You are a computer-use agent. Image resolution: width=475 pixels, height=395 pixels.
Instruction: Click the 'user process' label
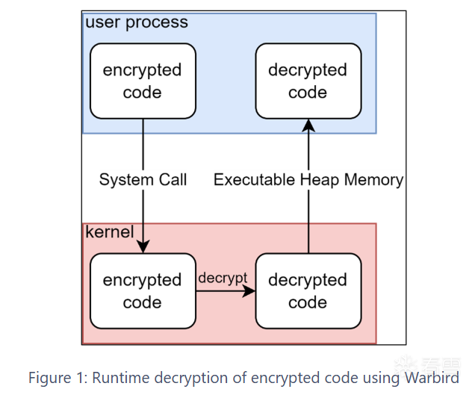point(137,22)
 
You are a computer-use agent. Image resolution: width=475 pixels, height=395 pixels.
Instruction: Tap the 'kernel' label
point(110,231)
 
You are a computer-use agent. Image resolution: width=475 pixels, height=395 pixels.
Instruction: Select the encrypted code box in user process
point(142,81)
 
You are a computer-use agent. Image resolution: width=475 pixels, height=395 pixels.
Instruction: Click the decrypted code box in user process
point(308,81)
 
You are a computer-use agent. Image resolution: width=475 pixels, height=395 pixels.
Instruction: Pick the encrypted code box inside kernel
point(142,291)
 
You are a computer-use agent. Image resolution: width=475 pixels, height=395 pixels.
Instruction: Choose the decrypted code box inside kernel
point(308,291)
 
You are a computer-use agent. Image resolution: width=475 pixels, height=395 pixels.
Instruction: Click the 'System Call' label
point(143,180)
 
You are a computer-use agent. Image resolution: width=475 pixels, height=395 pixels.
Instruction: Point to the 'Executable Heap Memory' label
point(308,180)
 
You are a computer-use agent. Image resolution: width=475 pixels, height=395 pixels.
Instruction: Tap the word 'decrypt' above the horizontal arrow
point(223,278)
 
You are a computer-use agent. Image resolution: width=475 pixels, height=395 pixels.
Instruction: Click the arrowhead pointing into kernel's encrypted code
point(142,248)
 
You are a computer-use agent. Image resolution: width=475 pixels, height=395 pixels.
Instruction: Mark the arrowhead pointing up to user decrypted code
point(308,125)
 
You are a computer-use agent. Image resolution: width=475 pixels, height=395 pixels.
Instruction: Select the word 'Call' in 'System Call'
point(171,180)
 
